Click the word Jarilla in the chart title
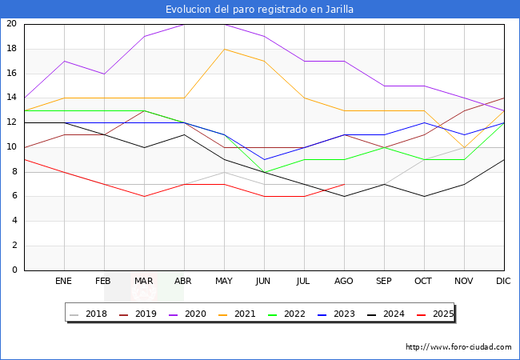339,10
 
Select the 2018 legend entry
88,314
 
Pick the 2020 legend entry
187,314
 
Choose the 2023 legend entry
336,314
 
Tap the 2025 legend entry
435,314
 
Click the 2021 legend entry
237,314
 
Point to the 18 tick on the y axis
12,49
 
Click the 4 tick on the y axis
14,221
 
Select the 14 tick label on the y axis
12,98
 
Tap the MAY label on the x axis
224,281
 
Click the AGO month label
343,281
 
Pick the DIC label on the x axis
503,281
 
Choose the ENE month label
63,281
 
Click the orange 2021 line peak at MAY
225,49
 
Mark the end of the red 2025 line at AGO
345,184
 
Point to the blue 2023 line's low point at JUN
264,160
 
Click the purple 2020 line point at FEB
105,74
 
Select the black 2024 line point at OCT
425,197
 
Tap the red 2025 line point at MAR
144,197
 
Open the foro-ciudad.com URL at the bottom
458,347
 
